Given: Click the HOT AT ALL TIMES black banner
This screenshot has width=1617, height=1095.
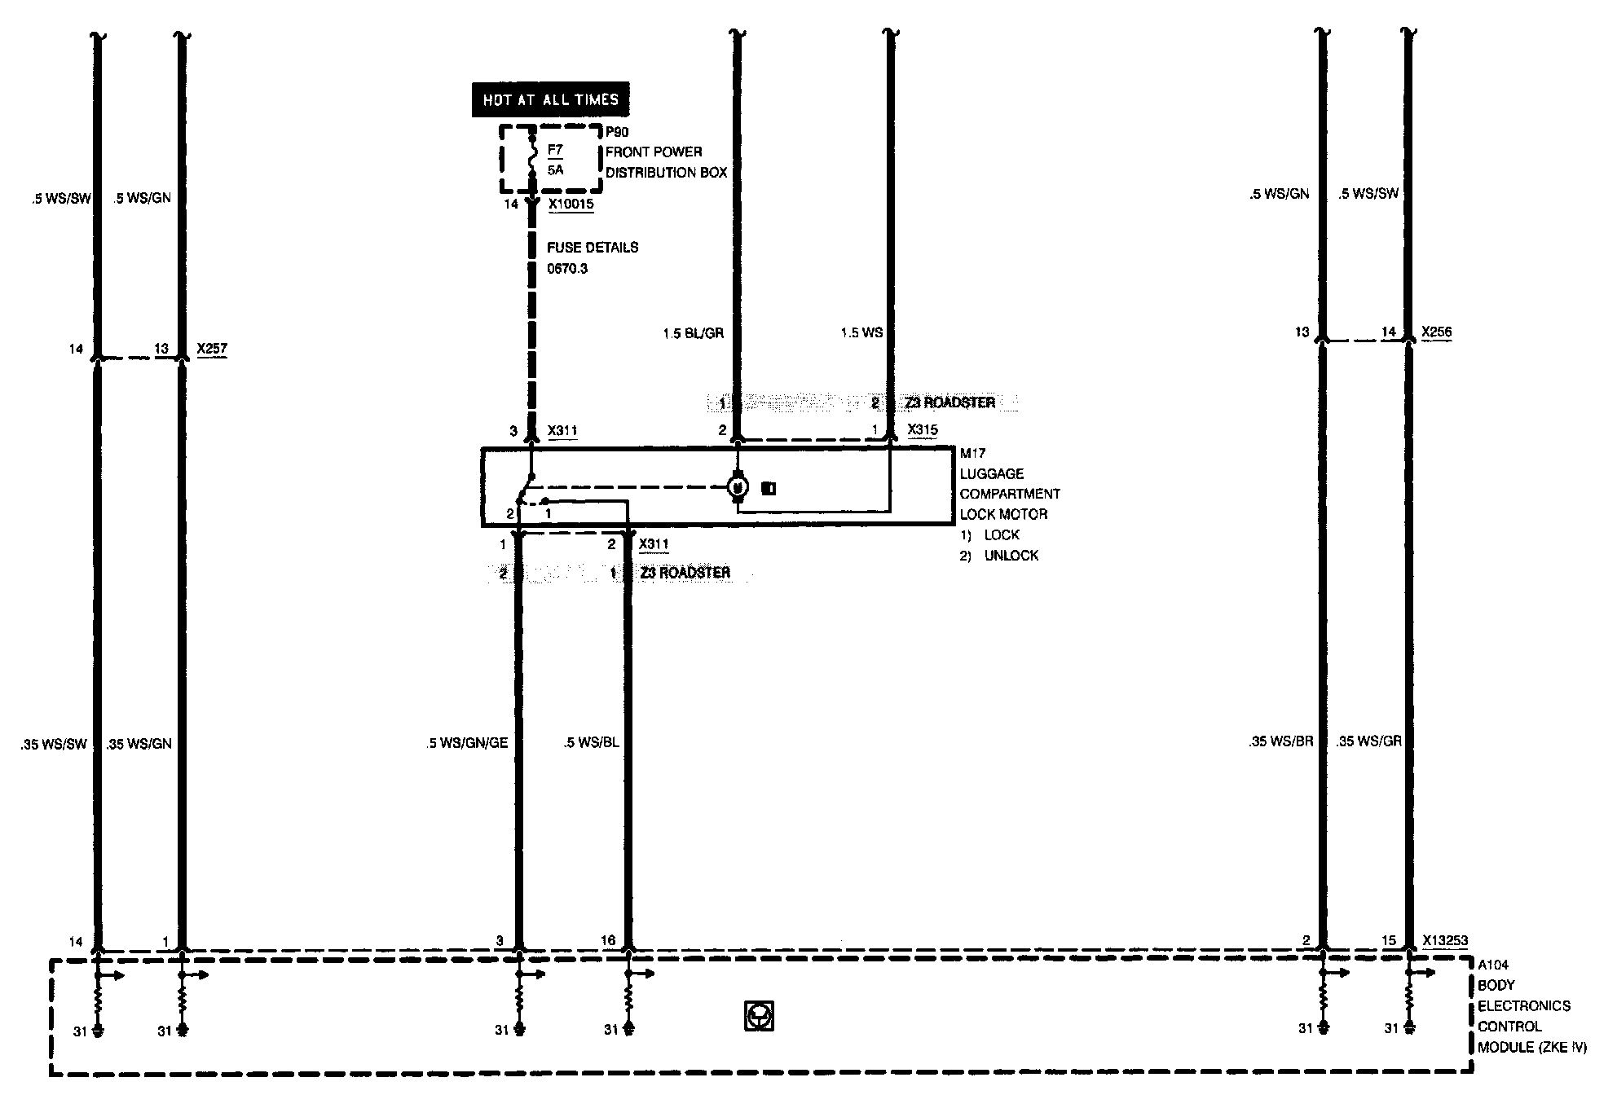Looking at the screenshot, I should coord(550,100).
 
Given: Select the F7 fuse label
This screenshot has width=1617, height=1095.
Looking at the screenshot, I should coord(555,150).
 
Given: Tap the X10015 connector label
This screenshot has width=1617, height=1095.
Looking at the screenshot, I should coord(571,204).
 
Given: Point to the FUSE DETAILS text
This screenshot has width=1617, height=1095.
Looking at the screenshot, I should coord(593,248).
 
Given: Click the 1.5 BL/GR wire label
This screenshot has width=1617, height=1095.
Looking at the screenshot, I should coord(694,333).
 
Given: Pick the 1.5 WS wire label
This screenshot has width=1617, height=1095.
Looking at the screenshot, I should coord(861,333).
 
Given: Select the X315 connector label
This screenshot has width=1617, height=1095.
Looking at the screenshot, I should coord(922,429).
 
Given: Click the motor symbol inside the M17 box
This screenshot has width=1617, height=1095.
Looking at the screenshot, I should coord(738,487).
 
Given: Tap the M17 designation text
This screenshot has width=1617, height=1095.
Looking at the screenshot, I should coord(972,454).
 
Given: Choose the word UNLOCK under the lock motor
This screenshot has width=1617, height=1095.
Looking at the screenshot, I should coord(1011,556).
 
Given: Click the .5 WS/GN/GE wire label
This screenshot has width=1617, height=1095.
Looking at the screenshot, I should coord(467,743).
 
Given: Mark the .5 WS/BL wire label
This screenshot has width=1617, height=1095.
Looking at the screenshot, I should coord(591,743).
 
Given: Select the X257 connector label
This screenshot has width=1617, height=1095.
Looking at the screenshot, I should coord(212,349).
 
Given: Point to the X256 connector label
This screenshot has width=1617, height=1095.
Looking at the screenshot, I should coord(1436,332).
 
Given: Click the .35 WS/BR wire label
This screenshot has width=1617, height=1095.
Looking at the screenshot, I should coord(1280,741).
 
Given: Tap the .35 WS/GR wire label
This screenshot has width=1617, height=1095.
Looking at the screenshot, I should coord(1369,741).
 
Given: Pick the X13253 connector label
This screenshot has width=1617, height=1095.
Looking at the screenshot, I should coord(1445,940).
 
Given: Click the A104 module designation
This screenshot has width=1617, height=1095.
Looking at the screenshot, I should coord(1493,965).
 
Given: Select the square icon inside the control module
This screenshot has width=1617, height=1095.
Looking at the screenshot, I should coord(759,1016).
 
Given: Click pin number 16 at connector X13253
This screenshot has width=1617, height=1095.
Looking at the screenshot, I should coord(608,940).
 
